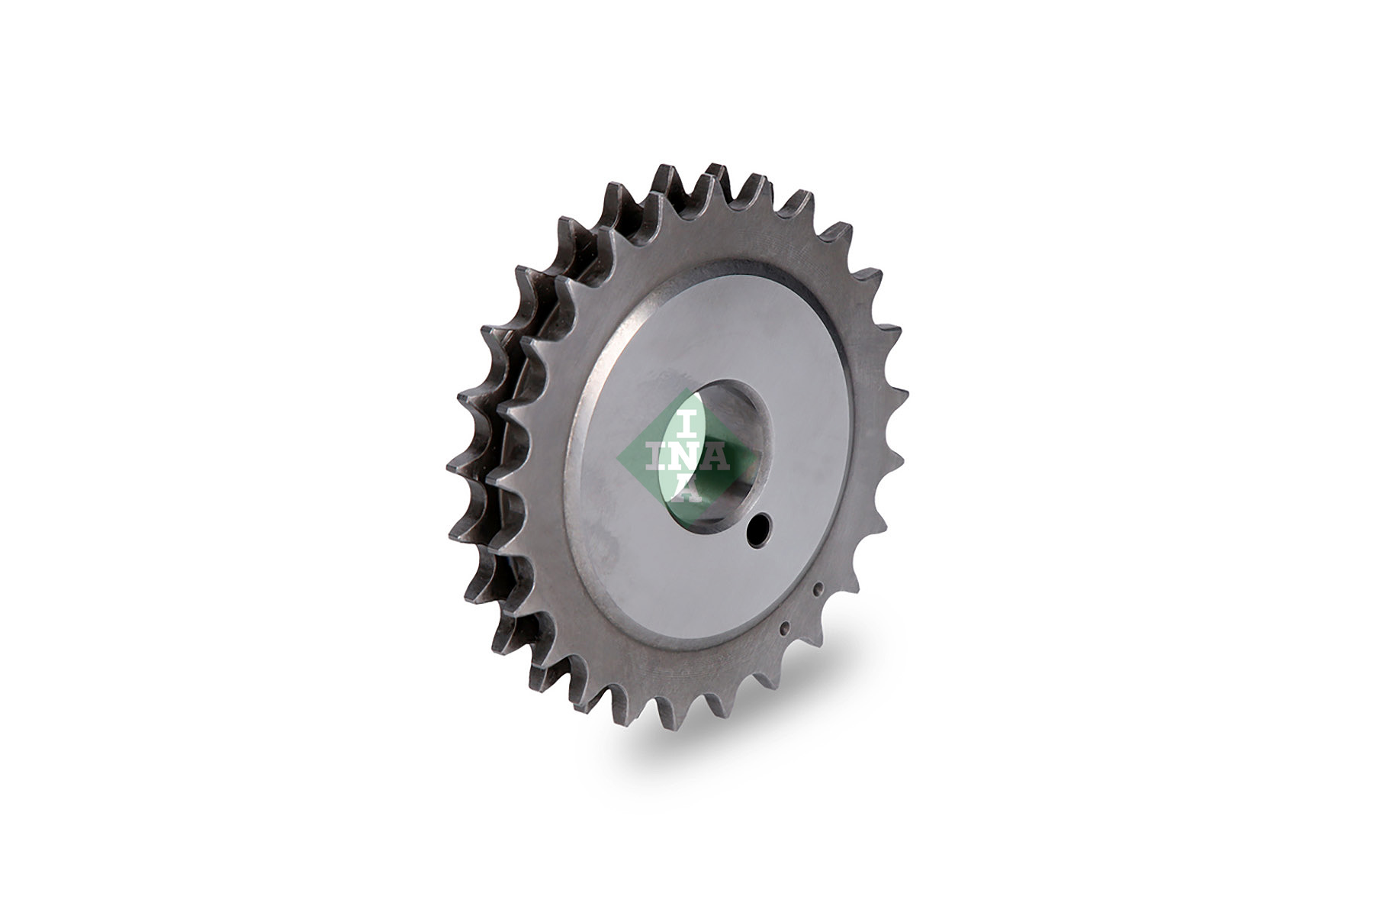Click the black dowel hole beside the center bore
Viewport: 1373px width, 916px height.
[759, 528]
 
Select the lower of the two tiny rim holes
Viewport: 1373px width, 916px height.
[783, 629]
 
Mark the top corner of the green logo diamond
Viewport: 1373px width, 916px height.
[686, 388]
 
